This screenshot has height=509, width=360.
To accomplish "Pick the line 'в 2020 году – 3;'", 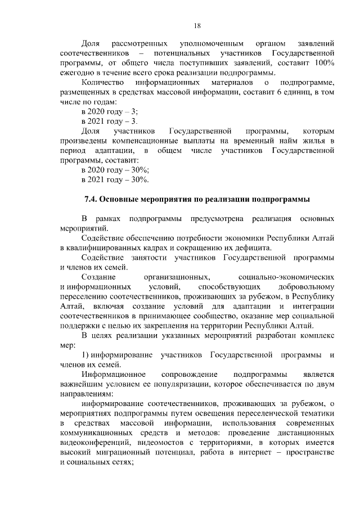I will (x=110, y=112).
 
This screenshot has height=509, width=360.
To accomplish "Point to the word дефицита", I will (x=253, y=248).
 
